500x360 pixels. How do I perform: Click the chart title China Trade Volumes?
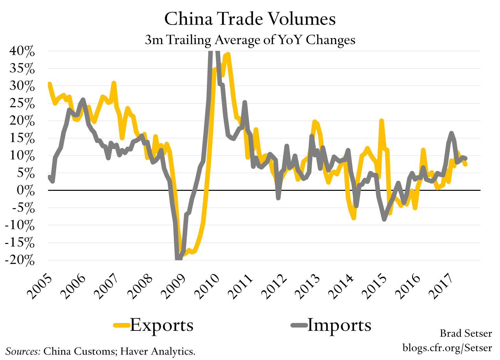(250, 19)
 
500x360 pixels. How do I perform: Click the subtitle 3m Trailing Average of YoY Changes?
(250, 40)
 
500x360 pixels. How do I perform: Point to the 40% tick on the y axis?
(22, 51)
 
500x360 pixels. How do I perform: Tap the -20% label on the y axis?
(20, 260)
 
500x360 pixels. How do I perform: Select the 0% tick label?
(26, 190)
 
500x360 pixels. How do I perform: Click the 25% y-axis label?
(22, 104)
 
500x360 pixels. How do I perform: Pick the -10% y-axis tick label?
(20, 226)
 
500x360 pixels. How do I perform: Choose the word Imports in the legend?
(339, 325)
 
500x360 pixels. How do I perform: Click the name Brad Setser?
(466, 333)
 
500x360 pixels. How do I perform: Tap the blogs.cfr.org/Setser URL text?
(447, 347)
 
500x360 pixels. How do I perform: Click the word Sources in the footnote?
(23, 351)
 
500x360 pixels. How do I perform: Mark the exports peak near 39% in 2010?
(228, 54)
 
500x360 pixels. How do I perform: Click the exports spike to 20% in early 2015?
(381, 121)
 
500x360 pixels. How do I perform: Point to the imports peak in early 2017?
(451, 133)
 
